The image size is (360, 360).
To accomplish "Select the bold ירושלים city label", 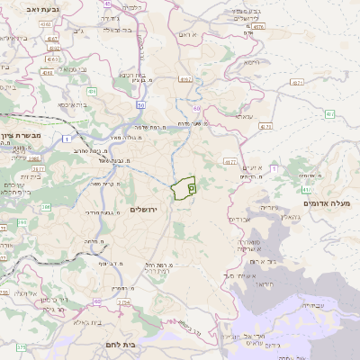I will pos(143,209).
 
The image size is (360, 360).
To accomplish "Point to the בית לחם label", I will pos(115,344).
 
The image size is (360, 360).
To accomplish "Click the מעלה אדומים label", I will pos(328,204).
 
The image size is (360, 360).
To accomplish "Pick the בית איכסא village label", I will pos(75,104).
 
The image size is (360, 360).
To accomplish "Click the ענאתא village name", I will pos(244,115).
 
